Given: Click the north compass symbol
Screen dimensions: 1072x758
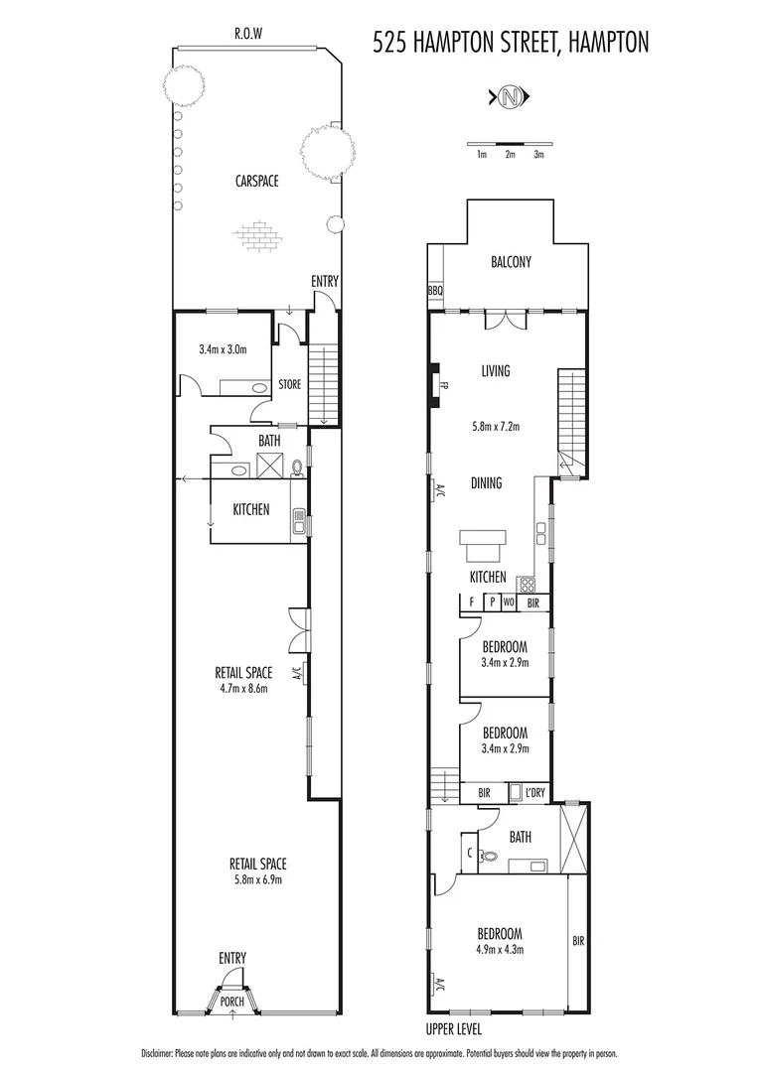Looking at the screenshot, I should coord(511,96).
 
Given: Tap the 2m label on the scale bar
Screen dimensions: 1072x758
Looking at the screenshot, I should coord(510,154).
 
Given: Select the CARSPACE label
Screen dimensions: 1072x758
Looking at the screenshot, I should coord(256,181).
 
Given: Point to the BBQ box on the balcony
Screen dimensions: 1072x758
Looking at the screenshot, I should coord(435,291).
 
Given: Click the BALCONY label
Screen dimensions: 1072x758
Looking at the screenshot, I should coord(511,262).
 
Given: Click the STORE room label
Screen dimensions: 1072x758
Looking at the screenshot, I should coord(289,384).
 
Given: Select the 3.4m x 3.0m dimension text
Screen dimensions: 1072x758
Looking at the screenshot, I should coord(223,348).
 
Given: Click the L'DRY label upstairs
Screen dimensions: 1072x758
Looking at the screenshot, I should coord(535,792).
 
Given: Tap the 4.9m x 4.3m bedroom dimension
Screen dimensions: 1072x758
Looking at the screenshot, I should coord(499,949).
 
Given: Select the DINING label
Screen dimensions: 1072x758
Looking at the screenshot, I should coord(487,483).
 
